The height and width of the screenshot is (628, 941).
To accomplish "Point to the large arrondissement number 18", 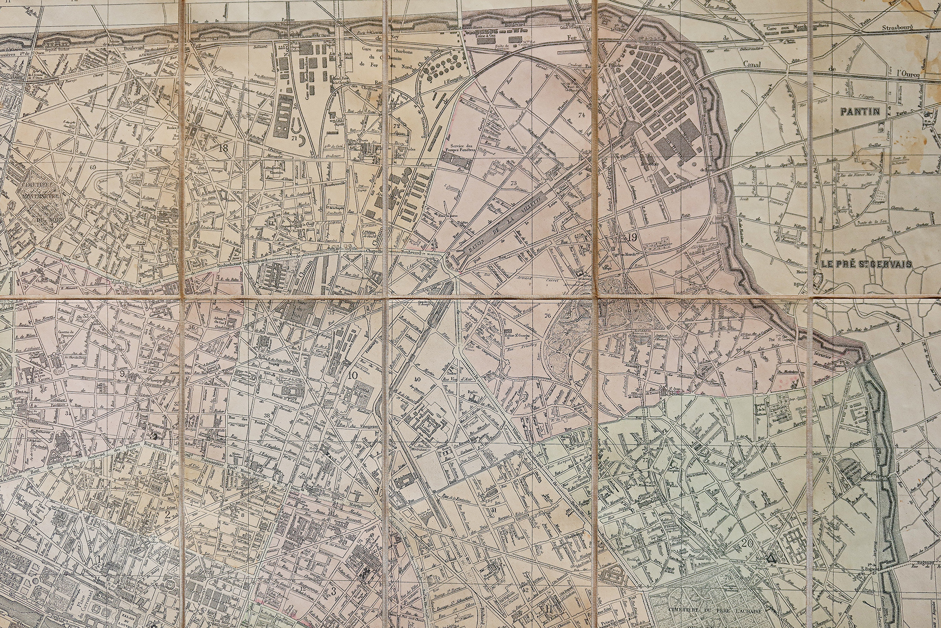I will coord(223,148).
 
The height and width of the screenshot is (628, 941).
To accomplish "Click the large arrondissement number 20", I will coord(747,543).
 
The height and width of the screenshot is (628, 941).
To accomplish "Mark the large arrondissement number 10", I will coord(353,376).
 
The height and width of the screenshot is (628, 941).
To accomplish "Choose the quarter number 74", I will coord(581,115).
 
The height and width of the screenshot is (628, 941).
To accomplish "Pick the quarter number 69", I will coord(93,167).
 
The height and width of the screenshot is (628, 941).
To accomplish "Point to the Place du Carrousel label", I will coord(86,602).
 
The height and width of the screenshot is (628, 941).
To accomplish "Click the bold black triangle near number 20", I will coord(771,558).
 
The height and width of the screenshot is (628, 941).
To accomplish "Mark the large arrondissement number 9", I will coord(122,374).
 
